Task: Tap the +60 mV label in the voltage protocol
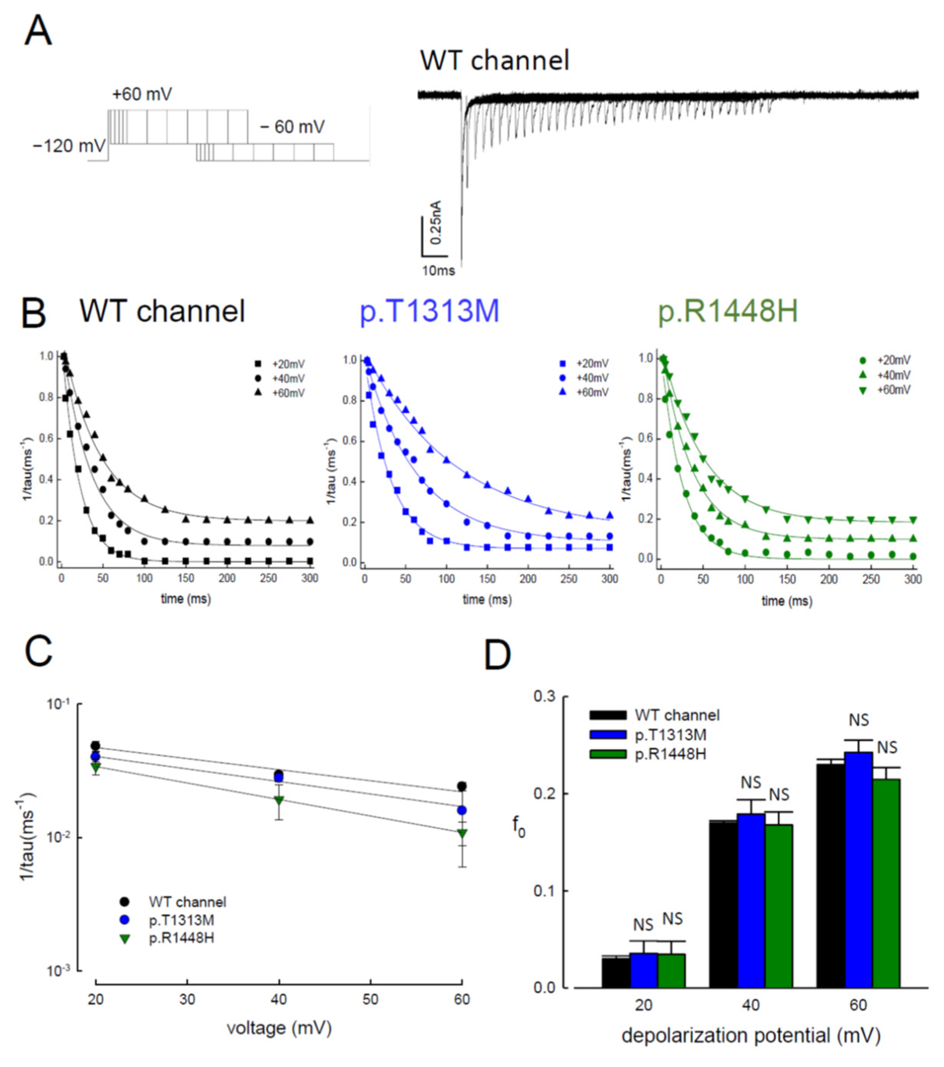pyautogui.click(x=142, y=94)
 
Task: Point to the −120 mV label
pyautogui.click(x=69, y=146)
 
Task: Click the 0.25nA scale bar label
pyautogui.click(x=436, y=222)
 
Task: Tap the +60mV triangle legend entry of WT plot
pyautogui.click(x=282, y=392)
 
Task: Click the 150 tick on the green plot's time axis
pyautogui.click(x=787, y=579)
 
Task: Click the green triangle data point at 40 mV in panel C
pyautogui.click(x=279, y=800)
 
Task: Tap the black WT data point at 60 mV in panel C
pyautogui.click(x=462, y=786)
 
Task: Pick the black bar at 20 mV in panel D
pyautogui.click(x=616, y=972)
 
